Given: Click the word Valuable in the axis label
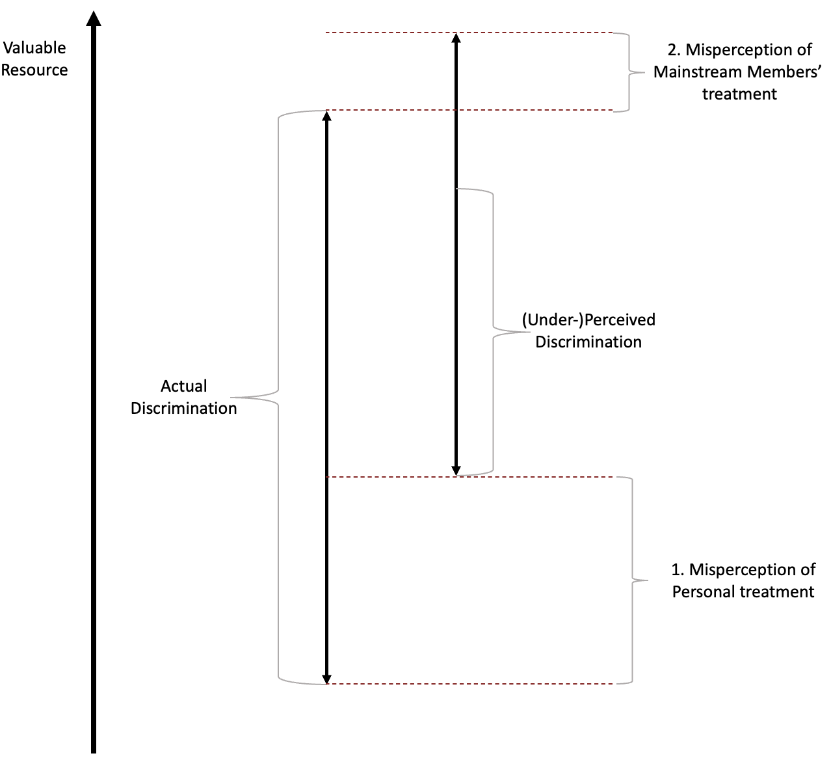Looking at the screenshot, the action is [34, 48].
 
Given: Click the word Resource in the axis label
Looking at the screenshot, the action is [34, 70].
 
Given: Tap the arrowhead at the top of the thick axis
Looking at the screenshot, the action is [94, 19].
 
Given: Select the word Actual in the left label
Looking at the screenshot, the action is [183, 386].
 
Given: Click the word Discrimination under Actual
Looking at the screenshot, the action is [183, 409].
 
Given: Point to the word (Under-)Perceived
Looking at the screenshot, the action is [588, 320].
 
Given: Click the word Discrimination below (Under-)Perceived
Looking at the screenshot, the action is [588, 342].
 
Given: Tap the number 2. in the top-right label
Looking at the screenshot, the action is [674, 49].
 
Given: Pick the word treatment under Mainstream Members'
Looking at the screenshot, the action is [739, 94].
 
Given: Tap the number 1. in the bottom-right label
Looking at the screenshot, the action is [678, 570].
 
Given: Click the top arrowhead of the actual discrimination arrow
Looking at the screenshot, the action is [327, 116].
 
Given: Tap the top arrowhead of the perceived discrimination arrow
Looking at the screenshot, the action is [456, 38].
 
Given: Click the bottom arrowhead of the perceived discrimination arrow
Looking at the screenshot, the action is [456, 470].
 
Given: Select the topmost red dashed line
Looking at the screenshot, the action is [469, 33].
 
